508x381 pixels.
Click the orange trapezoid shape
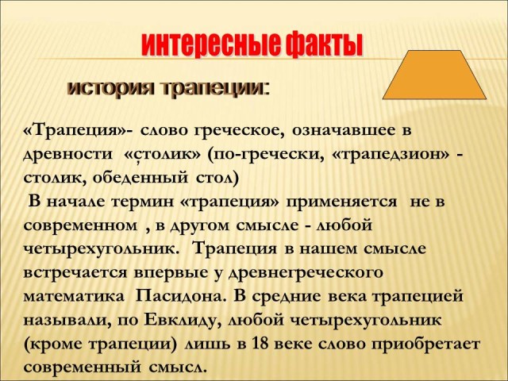tap(434, 75)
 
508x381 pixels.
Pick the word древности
tap(67, 154)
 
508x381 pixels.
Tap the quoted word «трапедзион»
tap(391, 155)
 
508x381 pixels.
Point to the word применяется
tap(341, 202)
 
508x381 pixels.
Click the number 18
tap(260, 344)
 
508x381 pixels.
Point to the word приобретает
tap(425, 344)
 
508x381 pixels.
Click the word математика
tap(74, 297)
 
